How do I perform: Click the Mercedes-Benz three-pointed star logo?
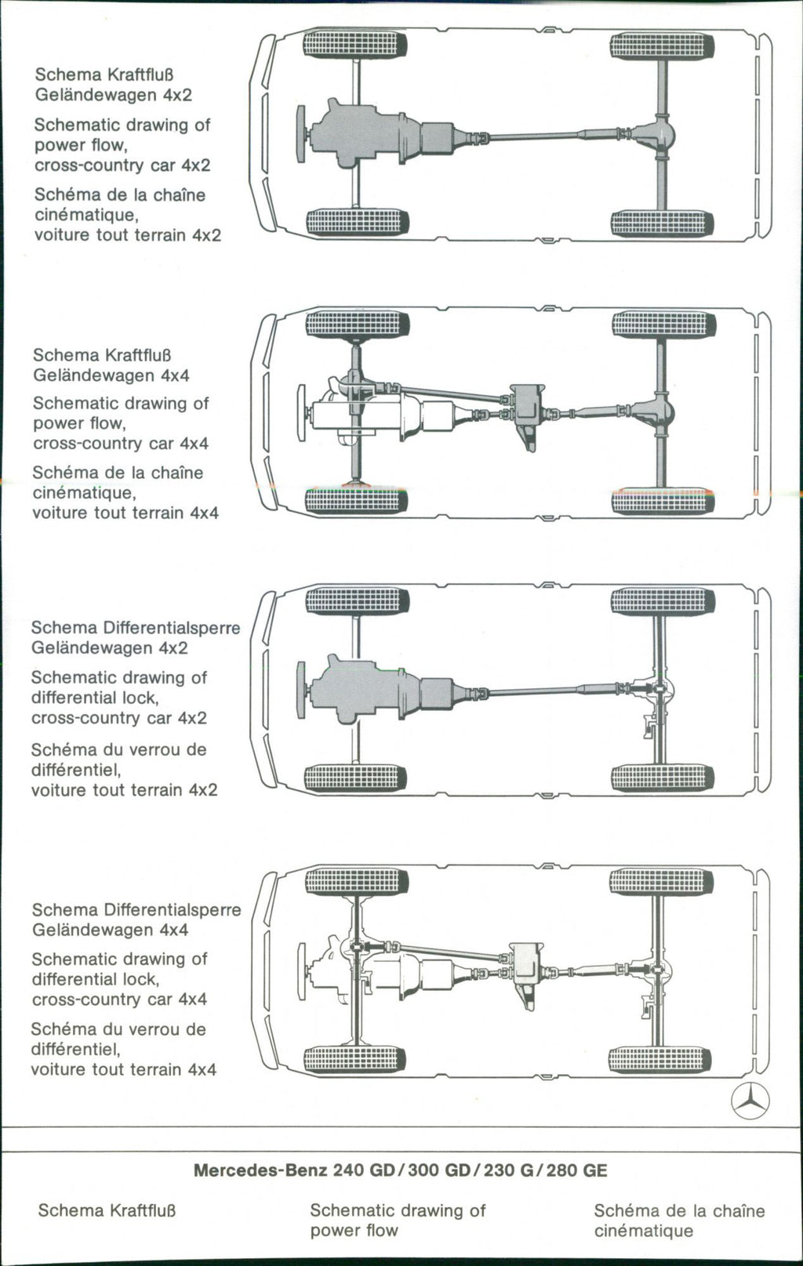click(x=750, y=1102)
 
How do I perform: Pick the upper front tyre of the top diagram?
click(x=354, y=45)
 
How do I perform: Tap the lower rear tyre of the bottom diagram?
click(x=660, y=1060)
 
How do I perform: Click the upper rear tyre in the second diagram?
click(x=663, y=325)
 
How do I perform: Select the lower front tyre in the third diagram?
click(x=355, y=778)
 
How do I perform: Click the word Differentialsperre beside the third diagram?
click(x=171, y=629)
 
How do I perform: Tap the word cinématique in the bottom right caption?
click(x=643, y=1231)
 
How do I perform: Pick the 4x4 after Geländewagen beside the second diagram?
click(x=175, y=375)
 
